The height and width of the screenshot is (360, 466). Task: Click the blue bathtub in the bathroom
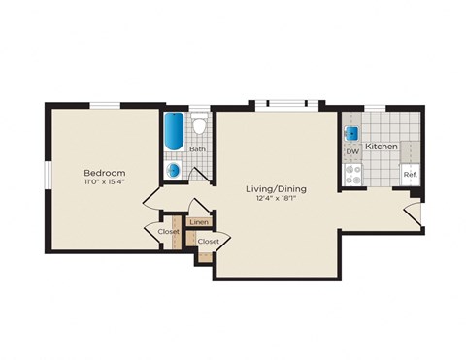[174, 132]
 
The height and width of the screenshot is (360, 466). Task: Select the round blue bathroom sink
[174, 170]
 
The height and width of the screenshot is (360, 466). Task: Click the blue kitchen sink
[352, 133]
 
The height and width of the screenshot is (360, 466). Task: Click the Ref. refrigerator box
[410, 174]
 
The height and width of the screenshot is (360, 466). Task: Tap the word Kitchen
[383, 146]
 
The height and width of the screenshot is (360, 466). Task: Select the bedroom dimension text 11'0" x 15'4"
[104, 181]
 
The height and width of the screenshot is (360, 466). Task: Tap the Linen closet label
[199, 223]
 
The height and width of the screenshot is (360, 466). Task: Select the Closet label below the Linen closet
[208, 241]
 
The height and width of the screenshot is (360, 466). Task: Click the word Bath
[197, 149]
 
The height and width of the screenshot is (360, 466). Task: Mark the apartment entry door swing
[413, 214]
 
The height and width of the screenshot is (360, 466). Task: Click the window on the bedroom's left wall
[46, 184]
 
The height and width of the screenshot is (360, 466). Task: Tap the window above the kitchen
[374, 106]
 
